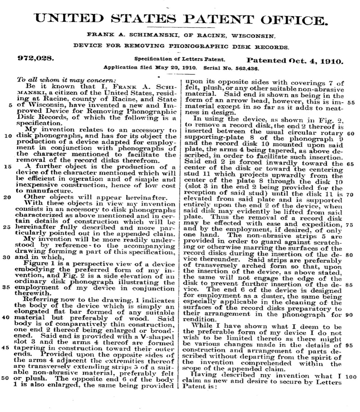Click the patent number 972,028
35,58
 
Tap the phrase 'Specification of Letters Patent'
179,59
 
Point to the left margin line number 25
8,228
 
